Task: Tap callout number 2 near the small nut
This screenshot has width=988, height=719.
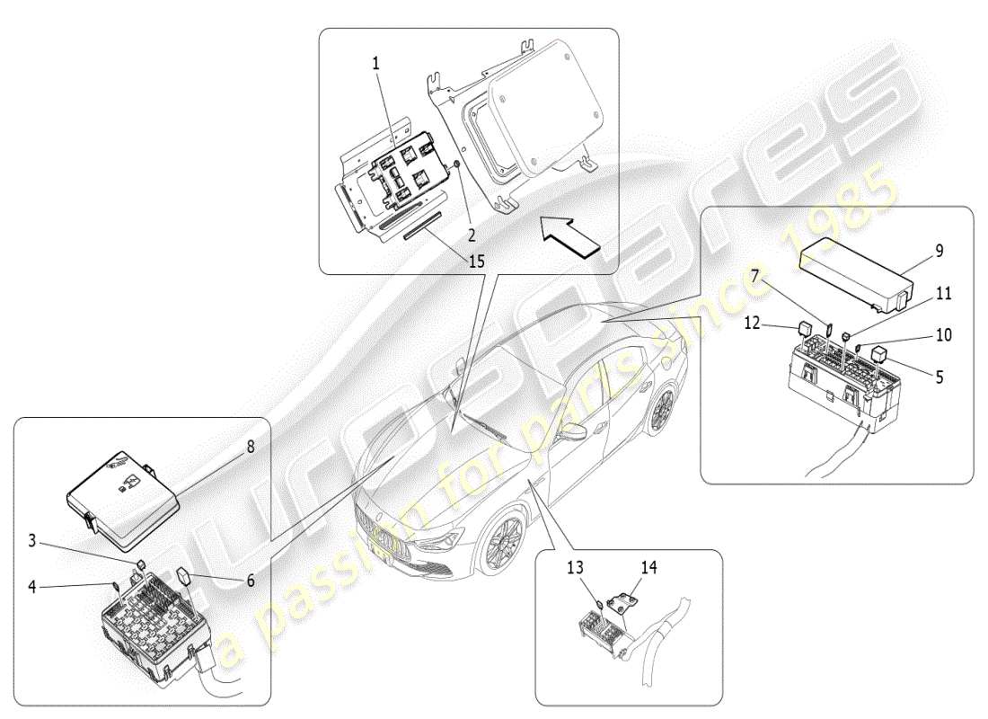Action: (469, 211)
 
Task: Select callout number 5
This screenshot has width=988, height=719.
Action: (939, 378)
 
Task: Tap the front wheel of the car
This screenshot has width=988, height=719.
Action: (503, 543)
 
